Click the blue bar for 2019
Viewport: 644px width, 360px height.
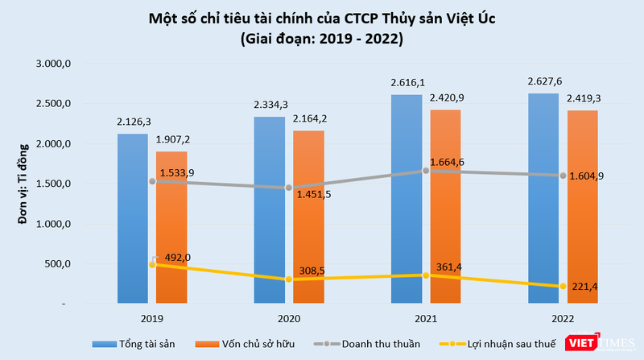coord(132,217)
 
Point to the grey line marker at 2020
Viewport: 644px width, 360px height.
coord(289,188)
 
